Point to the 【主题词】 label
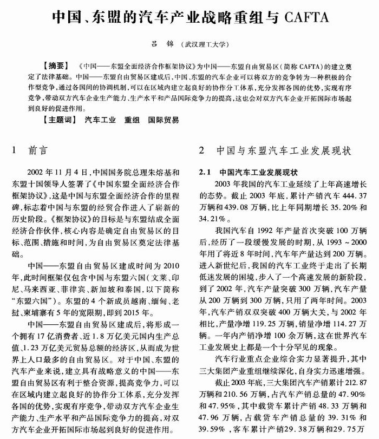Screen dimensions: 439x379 (61, 120)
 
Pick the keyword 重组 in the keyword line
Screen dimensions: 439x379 (132, 120)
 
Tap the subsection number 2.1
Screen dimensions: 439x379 (205, 173)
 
